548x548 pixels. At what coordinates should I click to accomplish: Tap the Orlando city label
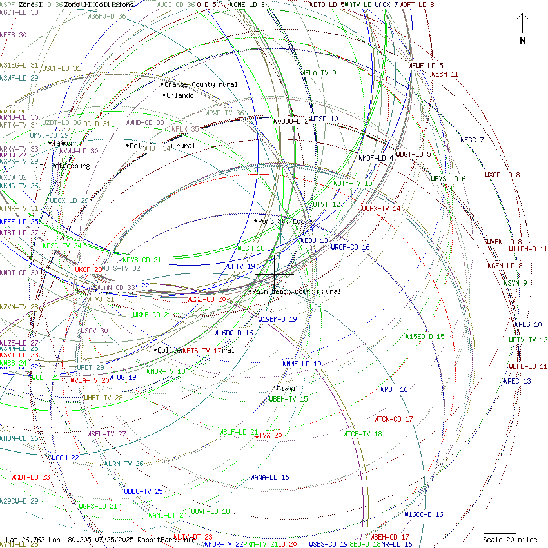click(179, 96)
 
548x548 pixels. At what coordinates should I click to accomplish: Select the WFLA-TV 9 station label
click(318, 73)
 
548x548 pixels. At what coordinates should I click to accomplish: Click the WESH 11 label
click(445, 75)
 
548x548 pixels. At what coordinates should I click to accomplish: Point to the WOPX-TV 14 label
click(381, 209)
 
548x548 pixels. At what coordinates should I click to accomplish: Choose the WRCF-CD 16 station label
click(350, 248)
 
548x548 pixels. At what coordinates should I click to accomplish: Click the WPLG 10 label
click(528, 325)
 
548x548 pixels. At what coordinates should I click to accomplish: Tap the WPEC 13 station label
click(517, 382)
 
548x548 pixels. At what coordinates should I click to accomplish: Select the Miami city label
click(286, 388)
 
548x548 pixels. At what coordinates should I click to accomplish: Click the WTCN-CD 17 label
click(393, 420)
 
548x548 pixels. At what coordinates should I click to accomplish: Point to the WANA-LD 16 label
click(269, 478)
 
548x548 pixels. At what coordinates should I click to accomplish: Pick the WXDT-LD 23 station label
click(30, 478)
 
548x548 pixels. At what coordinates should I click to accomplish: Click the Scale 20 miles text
click(510, 540)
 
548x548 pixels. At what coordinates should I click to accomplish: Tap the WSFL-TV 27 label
click(106, 435)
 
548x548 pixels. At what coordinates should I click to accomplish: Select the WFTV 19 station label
click(241, 266)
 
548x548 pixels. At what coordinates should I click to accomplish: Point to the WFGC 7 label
click(472, 140)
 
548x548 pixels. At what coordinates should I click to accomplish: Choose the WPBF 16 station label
click(394, 390)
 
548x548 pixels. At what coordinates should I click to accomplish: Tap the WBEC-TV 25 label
click(143, 491)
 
